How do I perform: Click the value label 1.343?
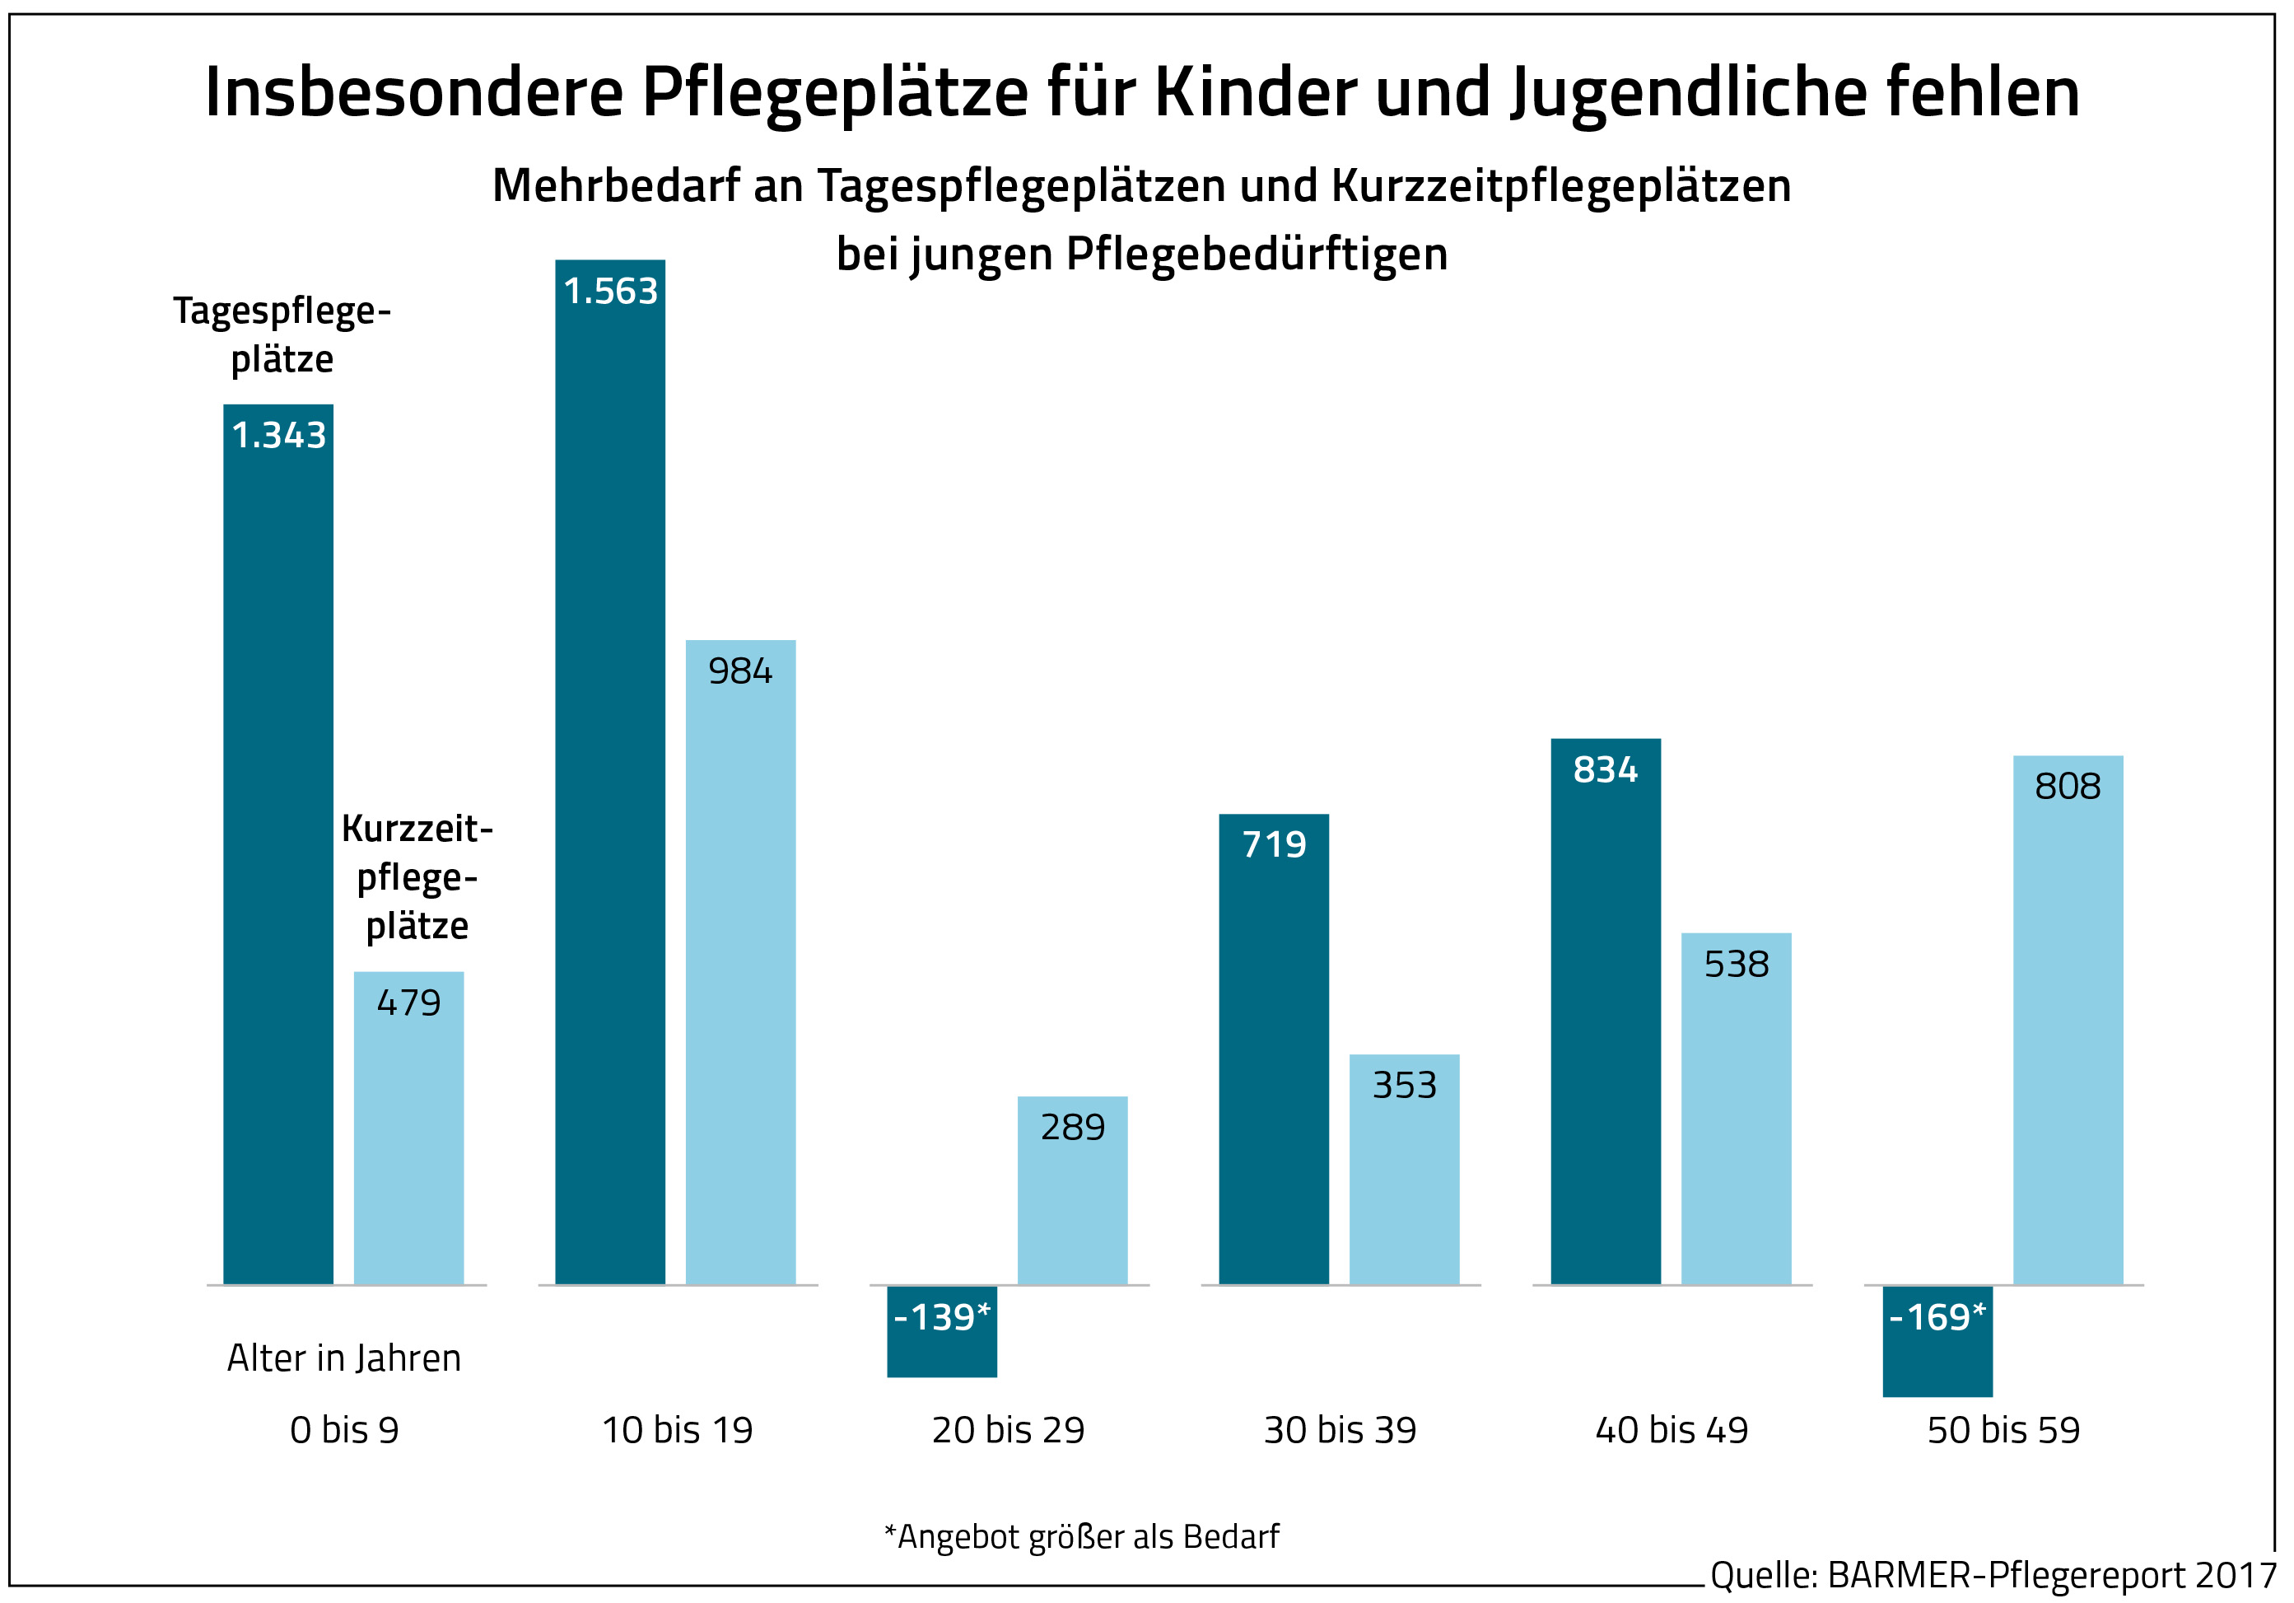click(x=279, y=436)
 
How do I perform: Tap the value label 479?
click(x=408, y=1002)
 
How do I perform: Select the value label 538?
click(x=1737, y=965)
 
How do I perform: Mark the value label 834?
click(x=1605, y=769)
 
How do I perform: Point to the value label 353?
click(x=1404, y=1086)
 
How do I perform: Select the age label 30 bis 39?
click(x=1340, y=1430)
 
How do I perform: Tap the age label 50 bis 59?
click(x=2003, y=1430)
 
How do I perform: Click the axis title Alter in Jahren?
click(x=343, y=1358)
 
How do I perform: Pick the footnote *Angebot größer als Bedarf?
click(x=1081, y=1536)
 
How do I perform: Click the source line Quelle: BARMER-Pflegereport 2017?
click(x=1993, y=1575)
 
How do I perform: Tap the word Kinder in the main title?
click(x=1255, y=92)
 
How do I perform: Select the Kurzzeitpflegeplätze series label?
click(x=417, y=877)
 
